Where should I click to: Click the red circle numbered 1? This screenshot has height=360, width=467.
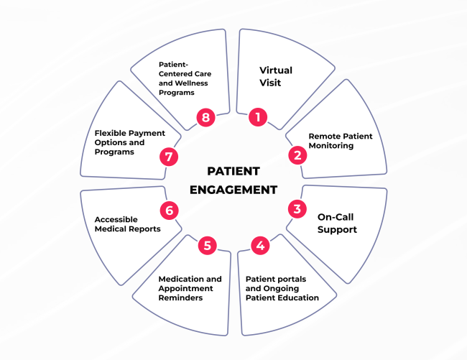pos(258,118)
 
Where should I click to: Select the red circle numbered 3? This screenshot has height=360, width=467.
pos(296,209)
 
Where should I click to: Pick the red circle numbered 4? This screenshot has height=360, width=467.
pos(260,246)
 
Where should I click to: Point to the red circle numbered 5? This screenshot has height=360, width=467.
pos(207,246)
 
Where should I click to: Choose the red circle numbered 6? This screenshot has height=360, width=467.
pos(169,210)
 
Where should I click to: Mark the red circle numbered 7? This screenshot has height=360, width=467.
pos(169,156)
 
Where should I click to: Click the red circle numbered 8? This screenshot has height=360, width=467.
pos(207,118)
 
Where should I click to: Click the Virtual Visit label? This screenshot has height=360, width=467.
pos(276,76)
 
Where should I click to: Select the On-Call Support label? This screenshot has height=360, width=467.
pos(337,223)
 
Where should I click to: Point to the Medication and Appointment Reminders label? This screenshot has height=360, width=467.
pos(190,288)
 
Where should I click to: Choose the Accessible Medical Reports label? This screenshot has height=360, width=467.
pos(128,224)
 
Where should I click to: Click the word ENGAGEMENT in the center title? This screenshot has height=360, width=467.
pos(233,190)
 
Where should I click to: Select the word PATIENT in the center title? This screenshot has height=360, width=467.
pos(233,172)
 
